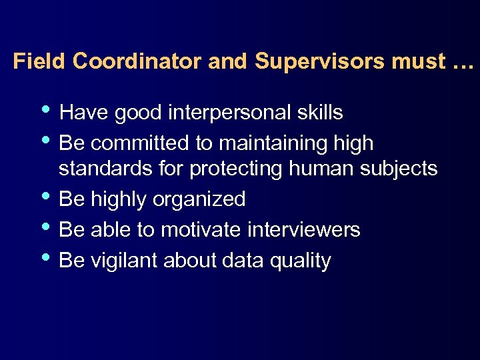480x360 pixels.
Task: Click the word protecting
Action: pyautogui.click(x=236, y=169)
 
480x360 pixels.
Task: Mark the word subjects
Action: pyautogui.click(x=399, y=169)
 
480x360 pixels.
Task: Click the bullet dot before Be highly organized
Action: pyautogui.click(x=46, y=196)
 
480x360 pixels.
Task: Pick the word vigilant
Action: pyautogui.click(x=123, y=261)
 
